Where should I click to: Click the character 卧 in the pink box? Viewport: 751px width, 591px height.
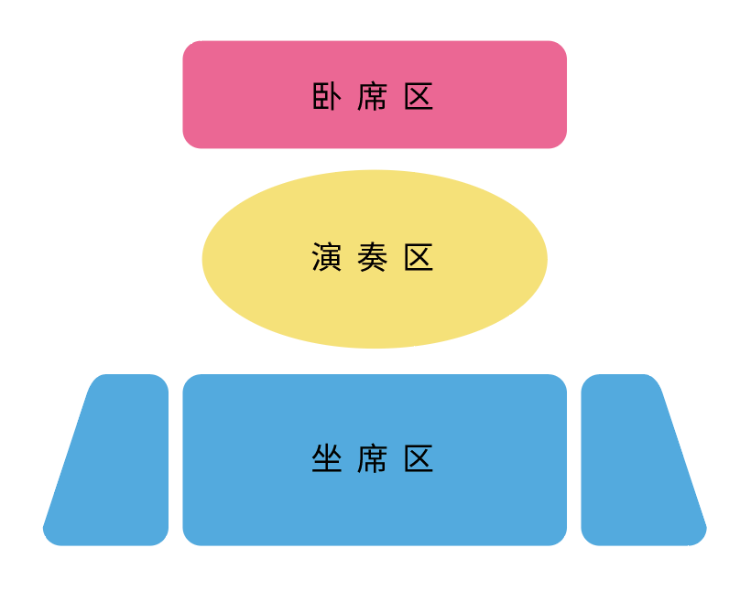click(x=327, y=96)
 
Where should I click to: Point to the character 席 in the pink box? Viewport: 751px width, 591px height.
click(x=373, y=96)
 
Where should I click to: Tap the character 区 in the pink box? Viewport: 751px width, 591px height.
click(x=419, y=96)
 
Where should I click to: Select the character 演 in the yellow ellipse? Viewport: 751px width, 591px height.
click(x=327, y=257)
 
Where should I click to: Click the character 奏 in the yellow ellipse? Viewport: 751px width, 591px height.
click(x=373, y=257)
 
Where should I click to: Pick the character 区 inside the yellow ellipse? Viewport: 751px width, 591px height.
click(x=419, y=257)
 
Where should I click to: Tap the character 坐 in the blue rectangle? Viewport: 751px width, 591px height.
click(x=327, y=457)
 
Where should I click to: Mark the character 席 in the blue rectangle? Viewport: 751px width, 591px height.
click(x=373, y=457)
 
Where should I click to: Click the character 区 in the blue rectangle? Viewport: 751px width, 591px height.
click(x=419, y=457)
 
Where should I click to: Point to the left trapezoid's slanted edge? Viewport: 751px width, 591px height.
click(x=67, y=457)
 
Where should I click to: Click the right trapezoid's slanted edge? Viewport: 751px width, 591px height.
click(x=683, y=457)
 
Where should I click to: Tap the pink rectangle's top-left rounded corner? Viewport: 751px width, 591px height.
click(x=189, y=47)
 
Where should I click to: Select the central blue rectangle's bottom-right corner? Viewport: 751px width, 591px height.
click(x=561, y=540)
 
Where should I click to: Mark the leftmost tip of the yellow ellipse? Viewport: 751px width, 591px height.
click(x=203, y=259)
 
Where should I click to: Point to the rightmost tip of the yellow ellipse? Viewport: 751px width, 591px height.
click(x=546, y=259)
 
